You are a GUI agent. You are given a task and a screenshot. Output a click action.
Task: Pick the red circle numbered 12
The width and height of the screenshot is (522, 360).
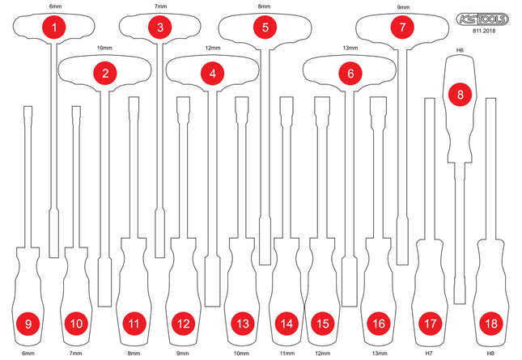tap(182, 324)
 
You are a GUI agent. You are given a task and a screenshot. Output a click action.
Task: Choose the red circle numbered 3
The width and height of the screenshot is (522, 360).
tap(160, 28)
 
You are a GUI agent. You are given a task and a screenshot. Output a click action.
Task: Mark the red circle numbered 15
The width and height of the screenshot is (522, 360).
tap(322, 324)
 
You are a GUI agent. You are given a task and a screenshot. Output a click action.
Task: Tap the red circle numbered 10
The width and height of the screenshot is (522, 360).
tap(76, 324)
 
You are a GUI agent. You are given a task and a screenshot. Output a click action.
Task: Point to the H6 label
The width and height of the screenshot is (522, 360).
tap(460, 50)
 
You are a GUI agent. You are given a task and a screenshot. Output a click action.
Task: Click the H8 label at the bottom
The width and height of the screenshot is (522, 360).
tap(490, 354)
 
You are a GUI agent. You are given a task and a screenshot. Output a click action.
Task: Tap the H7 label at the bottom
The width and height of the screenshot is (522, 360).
tap(430, 354)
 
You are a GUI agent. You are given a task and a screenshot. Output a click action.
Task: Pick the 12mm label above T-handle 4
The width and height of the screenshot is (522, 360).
tap(212, 49)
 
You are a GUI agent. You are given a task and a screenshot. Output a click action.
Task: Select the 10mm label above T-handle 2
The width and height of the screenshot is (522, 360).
tap(105, 49)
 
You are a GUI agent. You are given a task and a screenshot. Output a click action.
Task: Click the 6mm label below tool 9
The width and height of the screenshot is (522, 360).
tap(28, 354)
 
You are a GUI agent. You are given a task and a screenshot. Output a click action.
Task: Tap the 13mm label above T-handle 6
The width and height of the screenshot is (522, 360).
tap(350, 49)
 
